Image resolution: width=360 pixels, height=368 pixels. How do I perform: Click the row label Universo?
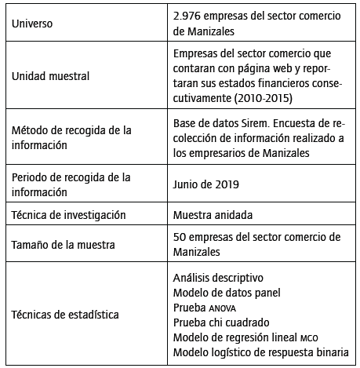point(37,24)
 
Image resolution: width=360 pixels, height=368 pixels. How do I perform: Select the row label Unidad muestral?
point(51,76)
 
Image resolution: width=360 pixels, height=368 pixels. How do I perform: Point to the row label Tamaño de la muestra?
point(65,244)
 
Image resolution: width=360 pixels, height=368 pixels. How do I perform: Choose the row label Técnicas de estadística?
point(66,315)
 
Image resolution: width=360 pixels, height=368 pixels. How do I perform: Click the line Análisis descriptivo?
point(217,278)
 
